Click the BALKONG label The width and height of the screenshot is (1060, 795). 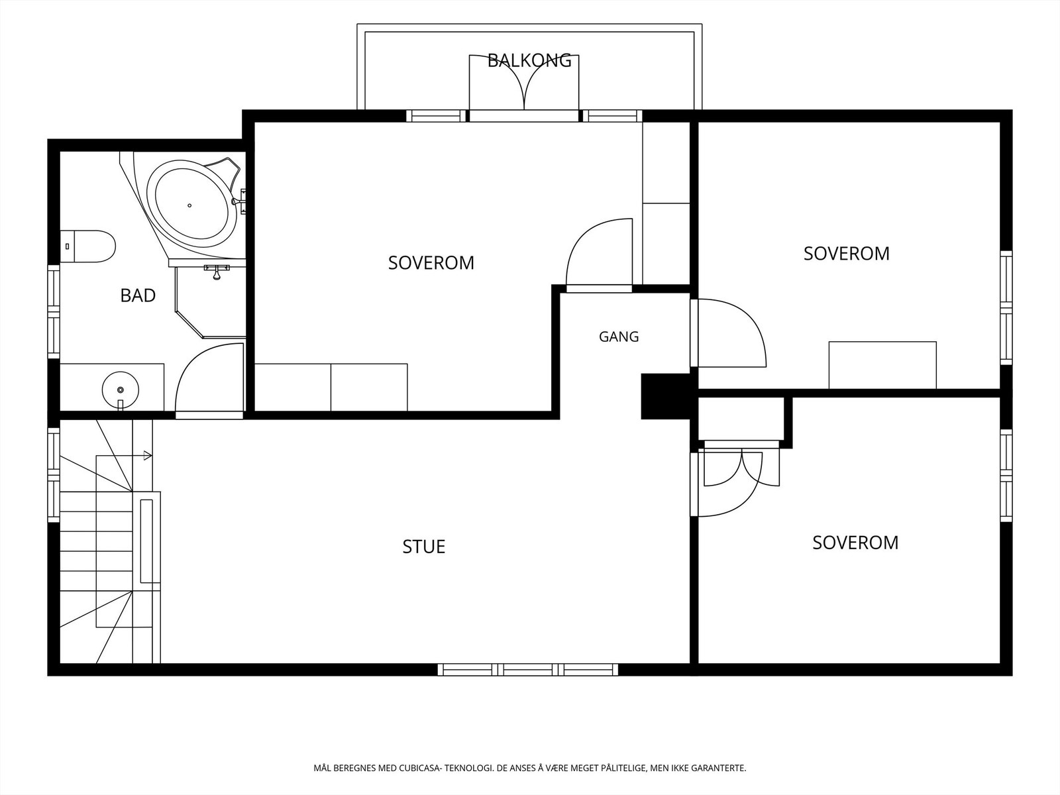point(529,60)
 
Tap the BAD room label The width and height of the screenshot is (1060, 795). point(138,295)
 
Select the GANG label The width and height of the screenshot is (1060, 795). point(619,337)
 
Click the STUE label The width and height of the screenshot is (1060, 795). point(423,547)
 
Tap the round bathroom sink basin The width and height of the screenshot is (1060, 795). point(121,390)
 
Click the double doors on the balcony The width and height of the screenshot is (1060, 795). point(524,82)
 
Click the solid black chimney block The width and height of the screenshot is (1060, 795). point(665,396)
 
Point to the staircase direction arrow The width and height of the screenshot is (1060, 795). point(124,455)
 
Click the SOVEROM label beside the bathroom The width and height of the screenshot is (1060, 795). point(431,262)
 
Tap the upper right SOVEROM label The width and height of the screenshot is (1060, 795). point(846,254)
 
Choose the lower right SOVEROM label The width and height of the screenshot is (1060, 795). point(855,543)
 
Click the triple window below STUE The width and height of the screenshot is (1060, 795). point(528,670)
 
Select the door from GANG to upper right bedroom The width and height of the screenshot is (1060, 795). point(728,333)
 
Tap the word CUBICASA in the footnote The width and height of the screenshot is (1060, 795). point(419,767)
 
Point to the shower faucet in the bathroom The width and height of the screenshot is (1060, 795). point(217,272)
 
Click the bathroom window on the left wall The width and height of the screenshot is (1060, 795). point(54,311)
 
